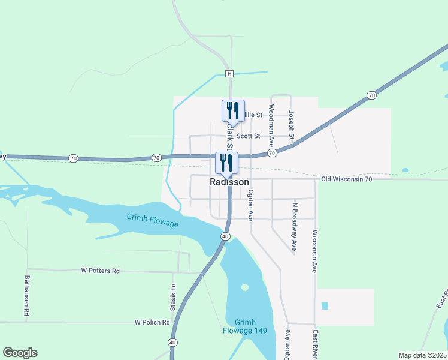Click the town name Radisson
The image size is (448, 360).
coord(229,182)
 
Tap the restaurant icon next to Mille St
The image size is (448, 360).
coord(233,110)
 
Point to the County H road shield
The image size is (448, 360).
coord(229,74)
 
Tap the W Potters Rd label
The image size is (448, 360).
coord(100,271)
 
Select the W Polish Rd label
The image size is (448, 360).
coord(152,322)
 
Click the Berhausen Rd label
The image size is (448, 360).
coord(27,296)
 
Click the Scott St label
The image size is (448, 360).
coord(248,136)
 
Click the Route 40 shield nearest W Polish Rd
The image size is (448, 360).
coord(172,342)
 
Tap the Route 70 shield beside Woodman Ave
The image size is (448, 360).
coord(272,154)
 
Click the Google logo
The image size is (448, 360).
coord(20,353)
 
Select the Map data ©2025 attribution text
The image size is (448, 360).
coord(422,355)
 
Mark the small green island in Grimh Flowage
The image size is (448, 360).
coord(244,287)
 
